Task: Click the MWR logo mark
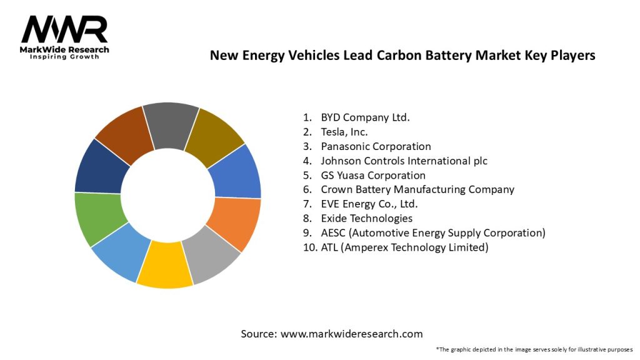(64, 29)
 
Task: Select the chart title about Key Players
(402, 55)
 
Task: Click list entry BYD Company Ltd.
(365, 117)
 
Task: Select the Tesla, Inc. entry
(344, 132)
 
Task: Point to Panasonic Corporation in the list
(376, 146)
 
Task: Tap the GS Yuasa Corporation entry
(373, 175)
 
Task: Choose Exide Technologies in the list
(366, 218)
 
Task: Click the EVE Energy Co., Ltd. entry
(369, 204)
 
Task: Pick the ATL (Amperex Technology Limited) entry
(404, 247)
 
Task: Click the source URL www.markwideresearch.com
(351, 334)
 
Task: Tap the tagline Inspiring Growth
(64, 57)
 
